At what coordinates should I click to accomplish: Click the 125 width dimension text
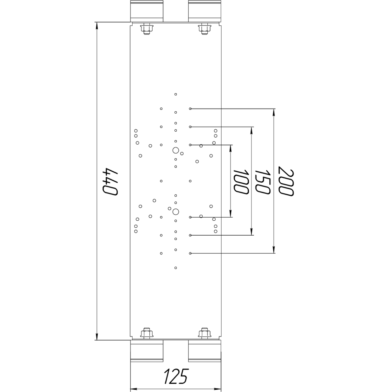click(x=176, y=376)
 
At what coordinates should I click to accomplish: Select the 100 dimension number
click(x=241, y=182)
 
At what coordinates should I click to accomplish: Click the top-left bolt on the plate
click(x=147, y=29)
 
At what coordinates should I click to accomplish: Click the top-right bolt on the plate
click(x=205, y=29)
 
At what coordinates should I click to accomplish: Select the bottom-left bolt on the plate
click(x=147, y=333)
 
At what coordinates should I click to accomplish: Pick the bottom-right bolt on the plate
click(x=205, y=333)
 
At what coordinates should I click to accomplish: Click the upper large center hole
click(x=176, y=151)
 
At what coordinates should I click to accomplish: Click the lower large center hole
click(x=176, y=212)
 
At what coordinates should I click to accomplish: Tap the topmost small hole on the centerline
click(x=176, y=94)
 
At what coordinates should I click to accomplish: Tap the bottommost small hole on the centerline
click(x=176, y=268)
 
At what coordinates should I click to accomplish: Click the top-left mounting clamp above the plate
click(x=147, y=11)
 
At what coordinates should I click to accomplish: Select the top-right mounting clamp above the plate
click(x=205, y=11)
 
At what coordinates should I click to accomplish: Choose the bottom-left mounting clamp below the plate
click(x=147, y=351)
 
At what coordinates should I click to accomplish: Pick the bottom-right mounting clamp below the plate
click(x=205, y=351)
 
